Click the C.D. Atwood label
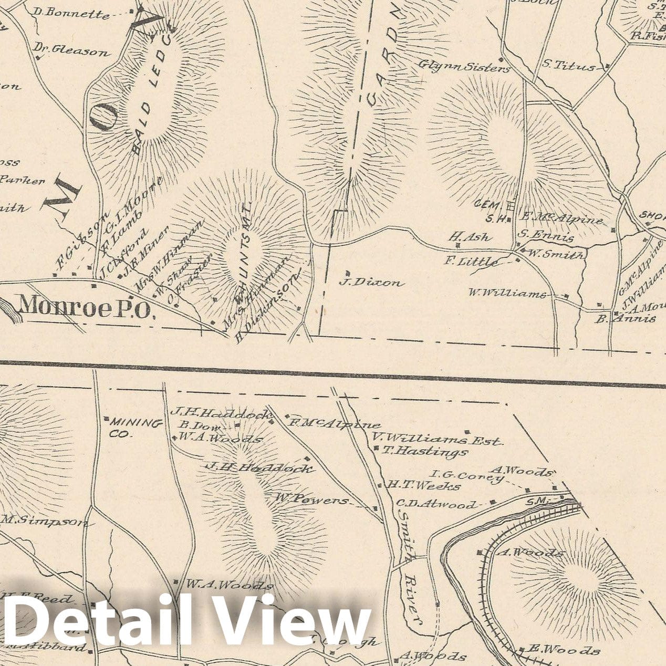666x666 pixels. tap(438, 505)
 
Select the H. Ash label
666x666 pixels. tap(471, 237)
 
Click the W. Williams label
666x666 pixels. tap(507, 293)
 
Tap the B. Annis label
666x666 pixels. tap(626, 318)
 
